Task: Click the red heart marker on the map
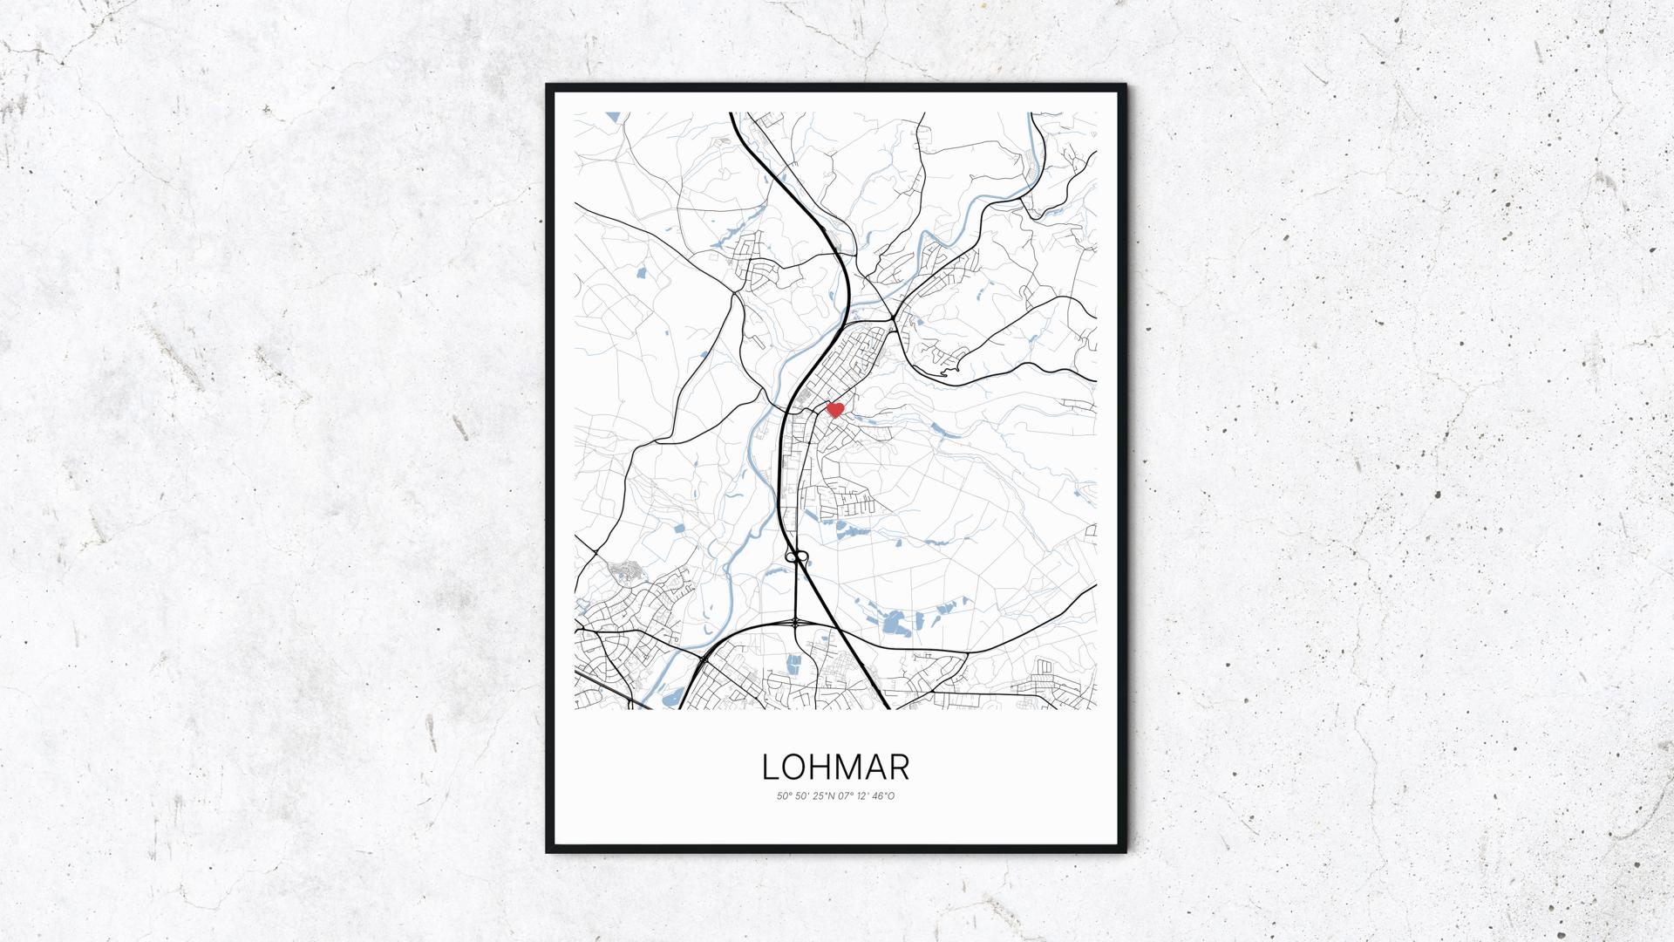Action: click(834, 409)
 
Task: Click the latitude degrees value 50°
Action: click(784, 796)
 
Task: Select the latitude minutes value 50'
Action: click(801, 796)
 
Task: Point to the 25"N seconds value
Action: click(822, 796)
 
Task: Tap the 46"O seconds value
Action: click(883, 796)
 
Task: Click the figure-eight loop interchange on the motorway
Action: click(796, 556)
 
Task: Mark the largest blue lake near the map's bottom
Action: click(893, 622)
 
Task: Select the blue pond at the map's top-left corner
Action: click(611, 116)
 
